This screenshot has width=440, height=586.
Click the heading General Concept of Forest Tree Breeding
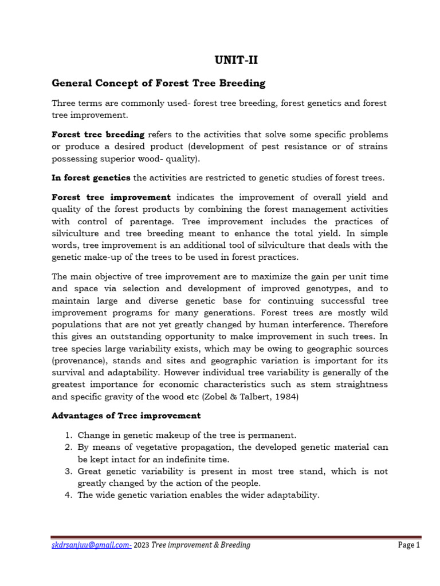159,83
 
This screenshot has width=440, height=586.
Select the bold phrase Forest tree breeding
98,134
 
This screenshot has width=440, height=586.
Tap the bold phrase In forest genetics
91,179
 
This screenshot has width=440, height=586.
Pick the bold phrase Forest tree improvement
111,197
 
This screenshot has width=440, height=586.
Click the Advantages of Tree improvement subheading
126,415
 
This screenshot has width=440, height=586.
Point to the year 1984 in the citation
287,397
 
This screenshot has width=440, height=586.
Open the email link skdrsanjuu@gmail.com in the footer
91,545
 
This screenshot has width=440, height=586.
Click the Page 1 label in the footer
409,545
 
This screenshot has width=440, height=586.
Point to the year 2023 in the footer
142,545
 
